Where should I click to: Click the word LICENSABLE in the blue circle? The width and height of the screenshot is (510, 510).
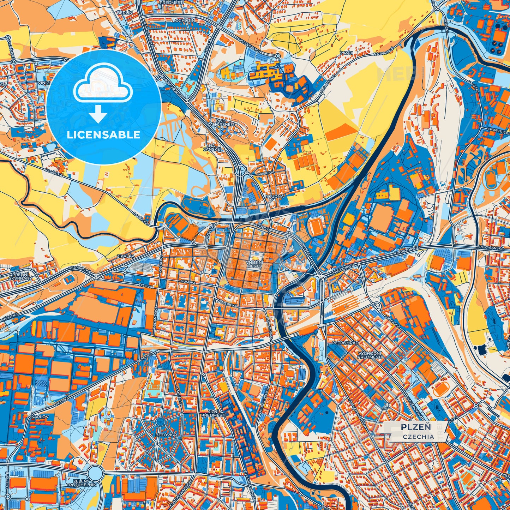104,135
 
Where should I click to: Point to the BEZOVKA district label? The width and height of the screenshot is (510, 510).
167,435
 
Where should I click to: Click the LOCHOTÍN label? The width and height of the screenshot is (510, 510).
184,21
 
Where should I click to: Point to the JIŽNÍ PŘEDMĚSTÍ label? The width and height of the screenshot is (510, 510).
213,413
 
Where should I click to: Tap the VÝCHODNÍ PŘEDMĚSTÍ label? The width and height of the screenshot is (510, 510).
370,355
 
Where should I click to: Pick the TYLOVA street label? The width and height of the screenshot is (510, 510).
145,287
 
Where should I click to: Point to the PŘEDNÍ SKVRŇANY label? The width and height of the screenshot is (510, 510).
21,276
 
